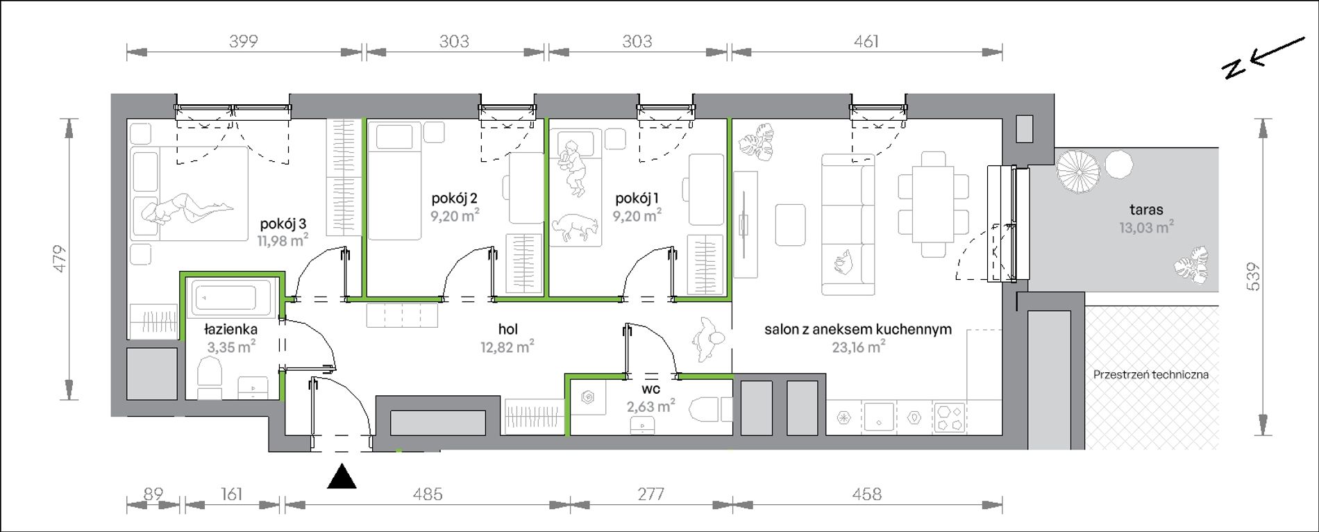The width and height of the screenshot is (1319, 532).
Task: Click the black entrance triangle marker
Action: click(x=342, y=477)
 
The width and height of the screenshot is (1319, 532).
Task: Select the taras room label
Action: click(x=1146, y=209)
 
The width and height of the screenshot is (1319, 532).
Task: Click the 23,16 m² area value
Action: click(x=859, y=346)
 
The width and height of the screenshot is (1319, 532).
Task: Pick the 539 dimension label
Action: click(x=1253, y=276)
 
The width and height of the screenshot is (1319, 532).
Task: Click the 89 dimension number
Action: click(x=153, y=494)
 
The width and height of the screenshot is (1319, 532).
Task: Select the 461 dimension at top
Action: click(x=866, y=42)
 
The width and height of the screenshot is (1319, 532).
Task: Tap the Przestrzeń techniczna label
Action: click(x=1151, y=374)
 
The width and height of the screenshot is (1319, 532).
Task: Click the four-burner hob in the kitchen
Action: click(x=949, y=417)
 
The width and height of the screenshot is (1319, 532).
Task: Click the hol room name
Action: click(x=507, y=330)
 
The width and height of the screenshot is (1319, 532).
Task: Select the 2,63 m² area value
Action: click(x=650, y=406)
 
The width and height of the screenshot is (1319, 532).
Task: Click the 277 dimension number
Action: click(x=650, y=494)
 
